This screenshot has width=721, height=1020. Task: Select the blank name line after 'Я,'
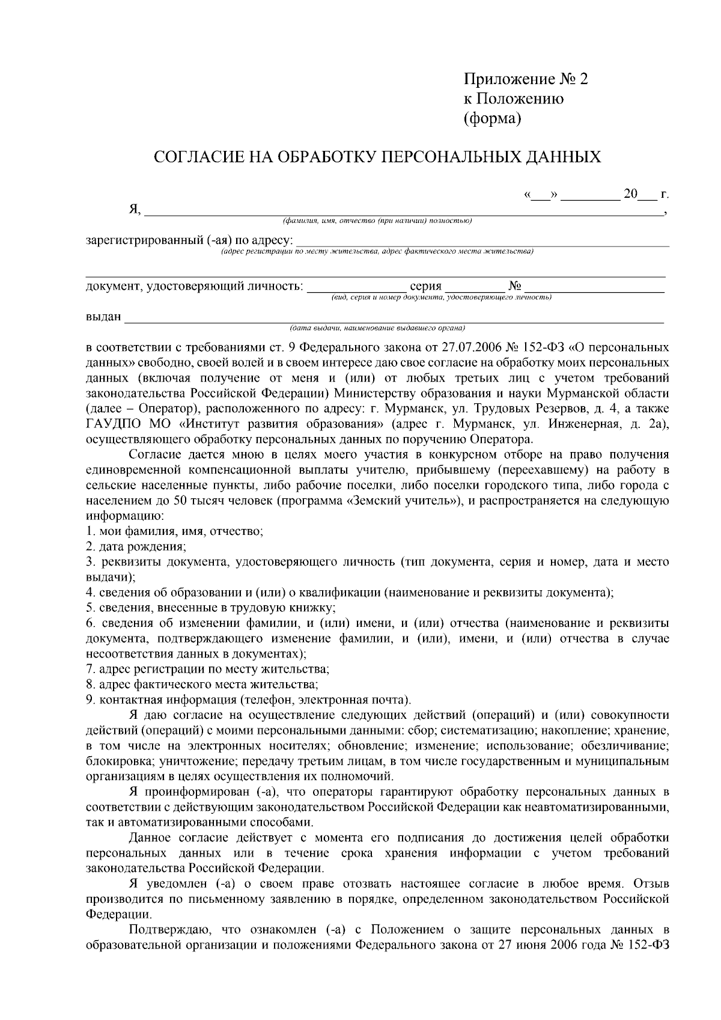click(x=403, y=212)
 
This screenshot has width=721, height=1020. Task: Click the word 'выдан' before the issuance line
click(x=103, y=317)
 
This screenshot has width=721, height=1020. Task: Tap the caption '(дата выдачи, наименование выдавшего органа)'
click(x=377, y=328)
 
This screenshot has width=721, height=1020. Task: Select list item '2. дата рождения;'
click(x=136, y=547)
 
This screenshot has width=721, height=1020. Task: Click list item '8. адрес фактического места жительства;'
click(x=202, y=684)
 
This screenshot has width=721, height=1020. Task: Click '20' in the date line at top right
click(x=630, y=194)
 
